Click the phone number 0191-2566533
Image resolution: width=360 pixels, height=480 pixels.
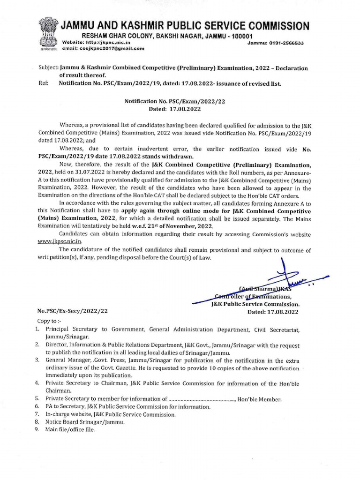coord(283,43)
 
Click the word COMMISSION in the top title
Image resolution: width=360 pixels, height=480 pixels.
coord(273,25)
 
